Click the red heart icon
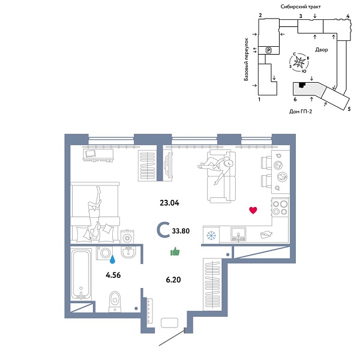[x=253, y=210]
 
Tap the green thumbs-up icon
[x=175, y=251]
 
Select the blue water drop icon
[x=112, y=259]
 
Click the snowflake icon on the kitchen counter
[x=211, y=235]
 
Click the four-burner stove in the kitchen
[x=280, y=208]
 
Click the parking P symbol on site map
[x=269, y=50]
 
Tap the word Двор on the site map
[x=320, y=50]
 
